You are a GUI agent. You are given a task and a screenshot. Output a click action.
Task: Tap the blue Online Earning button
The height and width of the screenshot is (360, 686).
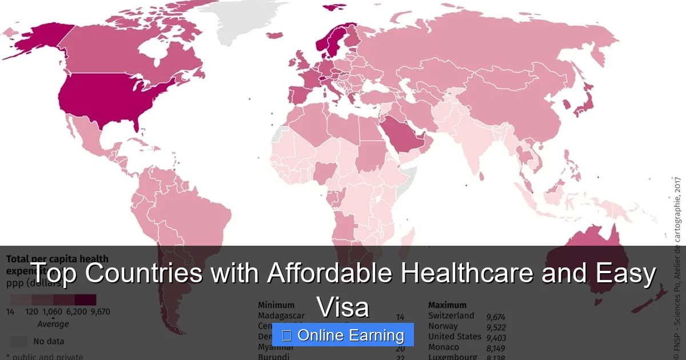pyautogui.click(x=342, y=335)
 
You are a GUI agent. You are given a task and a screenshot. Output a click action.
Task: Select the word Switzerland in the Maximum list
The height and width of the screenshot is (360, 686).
pyautogui.click(x=451, y=316)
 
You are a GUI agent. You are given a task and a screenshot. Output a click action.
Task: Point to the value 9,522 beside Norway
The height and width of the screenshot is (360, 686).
pyautogui.click(x=496, y=327)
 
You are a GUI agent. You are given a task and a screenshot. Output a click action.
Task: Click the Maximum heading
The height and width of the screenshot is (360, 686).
pyautogui.click(x=447, y=305)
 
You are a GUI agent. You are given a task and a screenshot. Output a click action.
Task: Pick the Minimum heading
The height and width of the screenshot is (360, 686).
pyautogui.click(x=276, y=305)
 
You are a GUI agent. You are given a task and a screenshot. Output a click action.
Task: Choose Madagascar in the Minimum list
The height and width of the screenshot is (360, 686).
pyautogui.click(x=281, y=316)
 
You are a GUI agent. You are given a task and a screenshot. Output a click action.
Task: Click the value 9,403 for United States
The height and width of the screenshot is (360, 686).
pyautogui.click(x=496, y=337)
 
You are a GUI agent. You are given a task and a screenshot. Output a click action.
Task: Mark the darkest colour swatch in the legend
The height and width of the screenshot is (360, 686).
pyautogui.click(x=85, y=300)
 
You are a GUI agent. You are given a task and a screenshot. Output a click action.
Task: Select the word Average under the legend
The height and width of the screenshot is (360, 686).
pyautogui.click(x=53, y=324)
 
